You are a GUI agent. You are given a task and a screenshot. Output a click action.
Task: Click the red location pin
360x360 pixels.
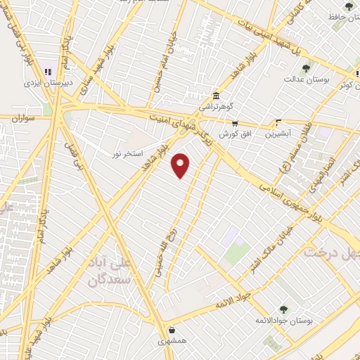181,165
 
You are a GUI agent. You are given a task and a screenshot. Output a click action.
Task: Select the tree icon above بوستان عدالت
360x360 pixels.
306,68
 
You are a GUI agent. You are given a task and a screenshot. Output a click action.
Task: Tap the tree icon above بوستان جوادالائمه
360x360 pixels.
283,309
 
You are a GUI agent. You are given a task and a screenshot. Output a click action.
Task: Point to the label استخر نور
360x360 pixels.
128,153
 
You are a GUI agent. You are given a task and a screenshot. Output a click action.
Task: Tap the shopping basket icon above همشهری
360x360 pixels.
171,329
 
